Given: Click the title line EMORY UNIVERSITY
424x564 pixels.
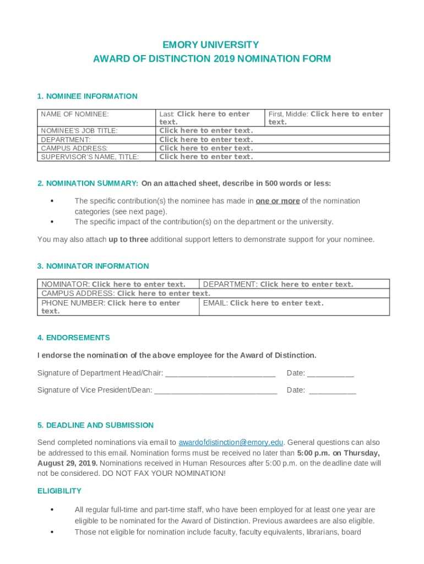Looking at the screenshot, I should pyautogui.click(x=211, y=45).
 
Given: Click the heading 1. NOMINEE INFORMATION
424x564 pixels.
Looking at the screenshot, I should pyautogui.click(x=87, y=96).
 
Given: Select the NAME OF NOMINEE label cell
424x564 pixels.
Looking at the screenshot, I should pyautogui.click(x=75, y=114).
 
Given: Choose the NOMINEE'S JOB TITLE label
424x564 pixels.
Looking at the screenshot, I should pyautogui.click(x=79, y=131).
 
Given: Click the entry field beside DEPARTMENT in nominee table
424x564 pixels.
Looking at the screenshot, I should pyautogui.click(x=206, y=140).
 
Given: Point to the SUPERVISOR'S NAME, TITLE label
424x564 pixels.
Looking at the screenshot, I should pyautogui.click(x=90, y=157).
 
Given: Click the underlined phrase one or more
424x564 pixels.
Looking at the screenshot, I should pyautogui.click(x=278, y=201).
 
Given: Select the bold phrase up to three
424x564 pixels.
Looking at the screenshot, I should pyautogui.click(x=128, y=240).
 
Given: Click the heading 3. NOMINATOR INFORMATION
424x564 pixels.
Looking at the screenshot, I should pyautogui.click(x=93, y=266).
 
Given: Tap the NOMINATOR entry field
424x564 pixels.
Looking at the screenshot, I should pyautogui.click(x=138, y=284).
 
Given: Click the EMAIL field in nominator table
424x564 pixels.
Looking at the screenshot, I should pyautogui.click(x=276, y=303).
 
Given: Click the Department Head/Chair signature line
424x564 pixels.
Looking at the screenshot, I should pyautogui.click(x=220, y=373).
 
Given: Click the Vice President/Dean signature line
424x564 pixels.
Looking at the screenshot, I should pyautogui.click(x=216, y=391).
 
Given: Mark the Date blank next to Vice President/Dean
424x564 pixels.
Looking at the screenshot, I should pyautogui.click(x=333, y=391).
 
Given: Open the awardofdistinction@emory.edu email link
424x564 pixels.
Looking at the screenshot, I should pyautogui.click(x=231, y=442).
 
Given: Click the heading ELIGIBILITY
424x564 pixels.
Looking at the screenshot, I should pyautogui.click(x=59, y=491).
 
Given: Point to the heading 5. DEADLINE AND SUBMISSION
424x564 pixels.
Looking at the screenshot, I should pyautogui.click(x=95, y=425).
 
